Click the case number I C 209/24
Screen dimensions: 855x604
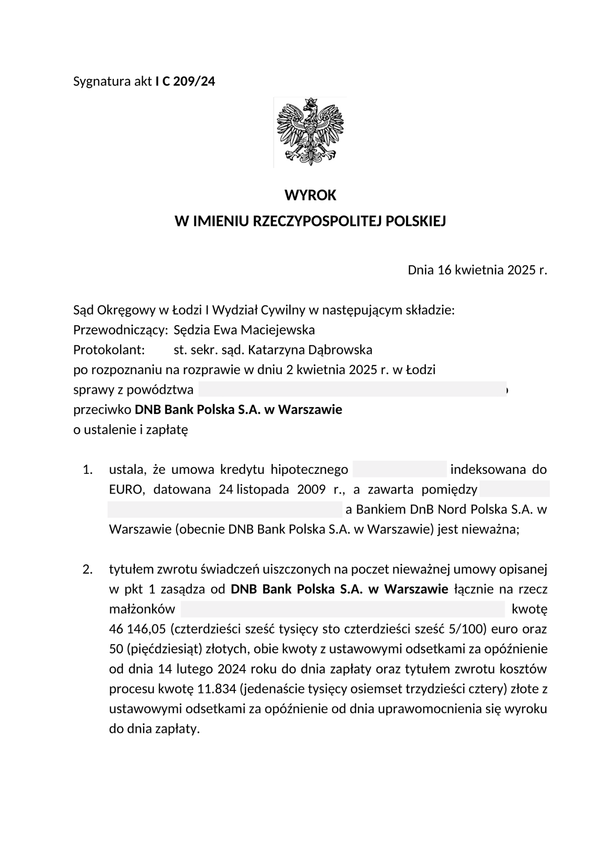coord(185,81)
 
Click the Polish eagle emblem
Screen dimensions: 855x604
coord(310,132)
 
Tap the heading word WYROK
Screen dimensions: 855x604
coord(310,195)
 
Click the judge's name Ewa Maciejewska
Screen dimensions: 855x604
coord(264,330)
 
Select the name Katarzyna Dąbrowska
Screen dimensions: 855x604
coord(310,349)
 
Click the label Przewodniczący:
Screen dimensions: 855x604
coord(121,330)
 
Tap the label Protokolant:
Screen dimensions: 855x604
coord(109,349)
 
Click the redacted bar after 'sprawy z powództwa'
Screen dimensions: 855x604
coord(352,389)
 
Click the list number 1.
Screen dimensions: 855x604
coord(87,470)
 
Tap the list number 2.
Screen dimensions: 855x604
coord(87,569)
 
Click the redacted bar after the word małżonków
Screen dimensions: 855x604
coord(342,609)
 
